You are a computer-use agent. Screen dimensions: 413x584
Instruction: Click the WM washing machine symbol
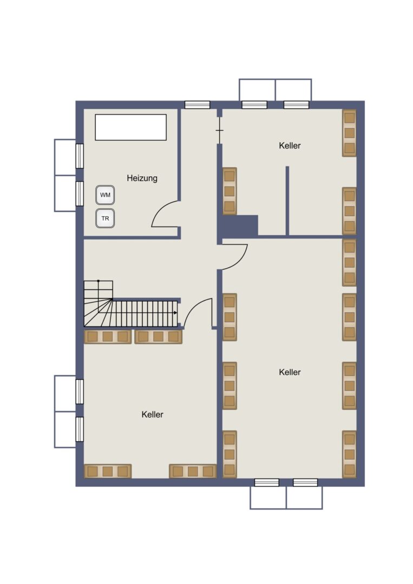[x=105, y=195]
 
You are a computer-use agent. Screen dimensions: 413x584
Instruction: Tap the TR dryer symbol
[x=105, y=218]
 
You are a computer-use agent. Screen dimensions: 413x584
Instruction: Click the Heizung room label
[x=142, y=178]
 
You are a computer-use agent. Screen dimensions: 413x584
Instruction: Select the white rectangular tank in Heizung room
[x=130, y=127]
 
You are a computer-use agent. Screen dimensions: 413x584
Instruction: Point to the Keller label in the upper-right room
[x=290, y=145]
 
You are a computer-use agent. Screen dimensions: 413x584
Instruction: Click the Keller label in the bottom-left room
[x=153, y=414]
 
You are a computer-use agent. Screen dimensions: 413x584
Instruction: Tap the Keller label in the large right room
[x=290, y=371]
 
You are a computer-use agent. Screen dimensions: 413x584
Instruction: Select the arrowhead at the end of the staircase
[x=175, y=313]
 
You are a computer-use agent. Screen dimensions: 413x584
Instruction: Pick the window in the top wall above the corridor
[x=197, y=105]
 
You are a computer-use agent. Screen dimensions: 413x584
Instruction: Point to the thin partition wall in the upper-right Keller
[x=287, y=201]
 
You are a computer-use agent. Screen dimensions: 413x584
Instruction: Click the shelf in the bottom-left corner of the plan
[x=108, y=471]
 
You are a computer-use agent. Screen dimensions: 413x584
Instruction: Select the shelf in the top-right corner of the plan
[x=349, y=133]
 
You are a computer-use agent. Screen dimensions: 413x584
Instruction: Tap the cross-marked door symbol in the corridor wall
[x=220, y=130]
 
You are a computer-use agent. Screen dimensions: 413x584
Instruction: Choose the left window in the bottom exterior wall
[x=267, y=483]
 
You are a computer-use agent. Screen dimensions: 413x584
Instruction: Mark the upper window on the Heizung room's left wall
[x=80, y=156]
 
